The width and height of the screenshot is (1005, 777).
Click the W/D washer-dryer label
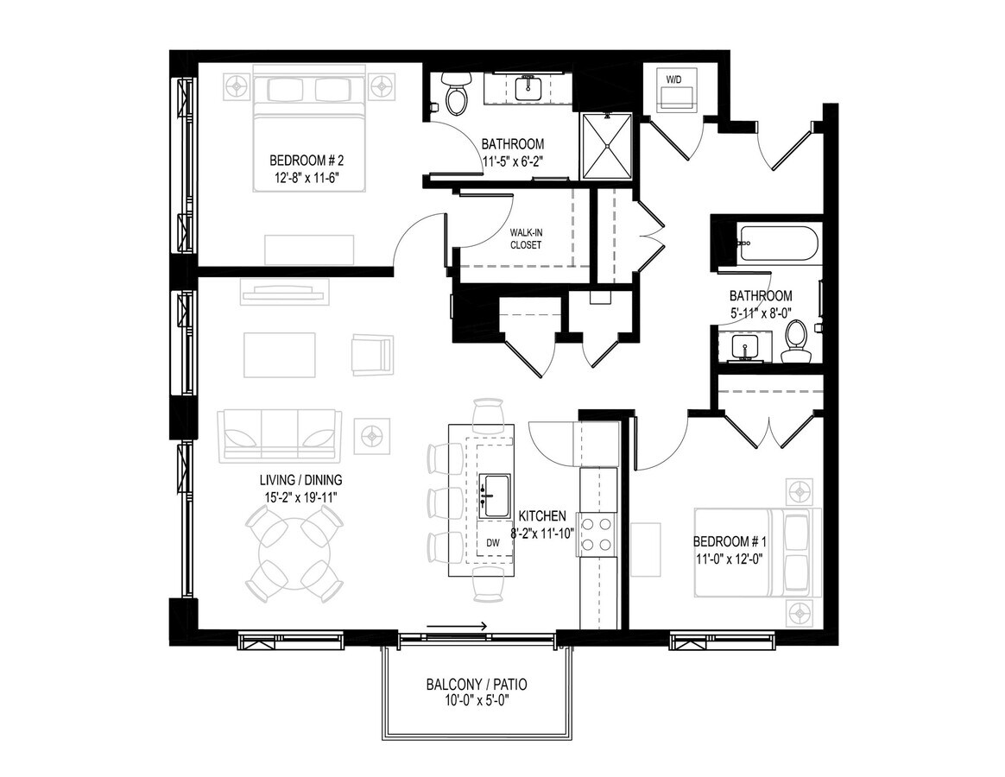(673, 80)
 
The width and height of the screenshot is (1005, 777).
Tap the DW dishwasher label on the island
(493, 542)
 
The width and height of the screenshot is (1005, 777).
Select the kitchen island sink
(496, 496)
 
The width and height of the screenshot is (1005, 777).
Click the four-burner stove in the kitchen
(597, 534)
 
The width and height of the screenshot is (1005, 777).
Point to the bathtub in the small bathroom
(777, 243)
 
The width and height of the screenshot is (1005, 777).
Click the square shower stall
(606, 146)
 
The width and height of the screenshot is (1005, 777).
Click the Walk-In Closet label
(526, 238)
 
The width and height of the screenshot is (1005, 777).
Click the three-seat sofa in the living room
(280, 436)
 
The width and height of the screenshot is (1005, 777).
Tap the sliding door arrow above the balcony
(457, 626)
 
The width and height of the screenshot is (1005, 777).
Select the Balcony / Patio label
(477, 685)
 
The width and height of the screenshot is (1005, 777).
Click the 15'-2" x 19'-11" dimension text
(300, 496)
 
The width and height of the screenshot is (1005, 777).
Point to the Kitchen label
(542, 515)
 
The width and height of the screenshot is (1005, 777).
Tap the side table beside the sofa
(372, 436)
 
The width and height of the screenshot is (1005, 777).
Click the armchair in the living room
(372, 353)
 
